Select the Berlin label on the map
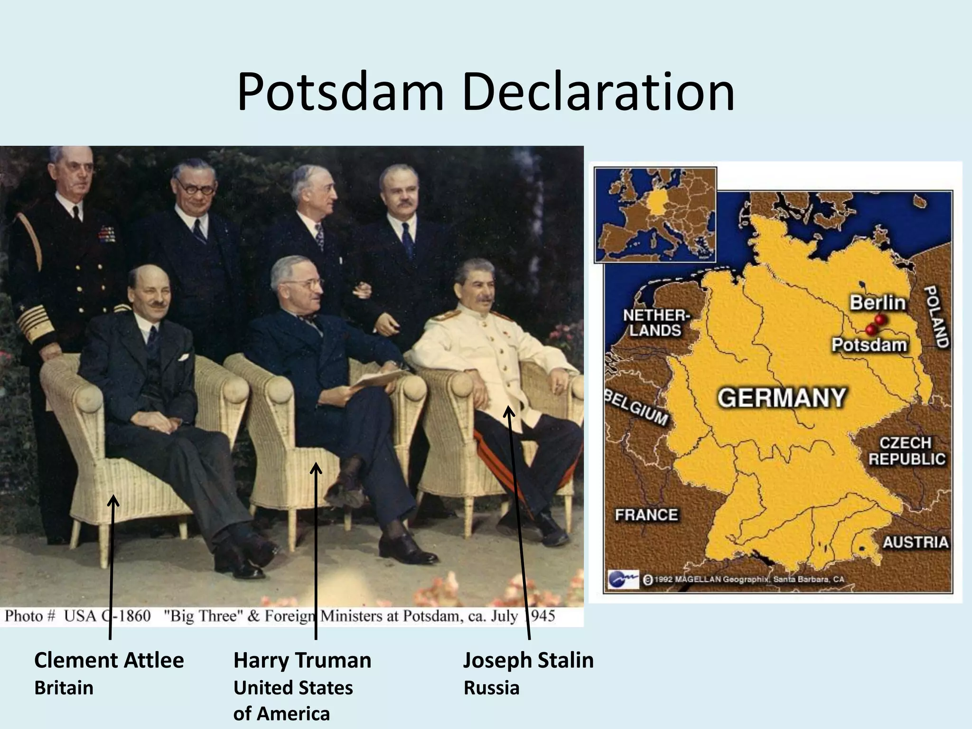point(877,303)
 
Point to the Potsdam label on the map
point(869,345)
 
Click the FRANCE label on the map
point(646,514)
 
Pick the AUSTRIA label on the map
point(915,542)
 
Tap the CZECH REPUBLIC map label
point(907,451)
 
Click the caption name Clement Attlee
point(109,660)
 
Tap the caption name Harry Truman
point(302,660)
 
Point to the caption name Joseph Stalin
point(528,660)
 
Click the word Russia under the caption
point(491,688)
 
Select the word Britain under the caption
point(64,688)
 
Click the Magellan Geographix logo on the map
point(623,579)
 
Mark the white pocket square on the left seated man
point(184,356)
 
